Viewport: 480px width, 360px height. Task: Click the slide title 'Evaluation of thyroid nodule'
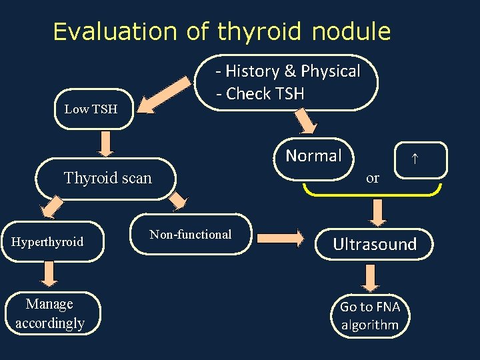tap(222, 31)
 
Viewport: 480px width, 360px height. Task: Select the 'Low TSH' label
tap(91, 109)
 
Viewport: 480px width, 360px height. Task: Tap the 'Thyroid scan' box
tap(107, 178)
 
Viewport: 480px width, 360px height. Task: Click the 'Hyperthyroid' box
tap(48, 241)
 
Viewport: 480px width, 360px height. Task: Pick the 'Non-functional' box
tap(191, 234)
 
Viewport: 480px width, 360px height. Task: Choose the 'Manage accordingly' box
tap(50, 313)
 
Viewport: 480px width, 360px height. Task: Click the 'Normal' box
tap(313, 157)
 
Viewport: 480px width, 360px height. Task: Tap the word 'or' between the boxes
tap(373, 177)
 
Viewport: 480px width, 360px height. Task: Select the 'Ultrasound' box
tap(375, 245)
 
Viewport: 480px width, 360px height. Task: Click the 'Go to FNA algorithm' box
tap(370, 316)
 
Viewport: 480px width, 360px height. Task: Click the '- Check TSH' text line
tap(260, 94)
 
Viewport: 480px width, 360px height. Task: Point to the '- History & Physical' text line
tap(287, 71)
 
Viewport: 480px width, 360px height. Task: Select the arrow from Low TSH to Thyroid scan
tap(107, 142)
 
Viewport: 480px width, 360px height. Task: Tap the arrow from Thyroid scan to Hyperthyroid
tap(48, 209)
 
